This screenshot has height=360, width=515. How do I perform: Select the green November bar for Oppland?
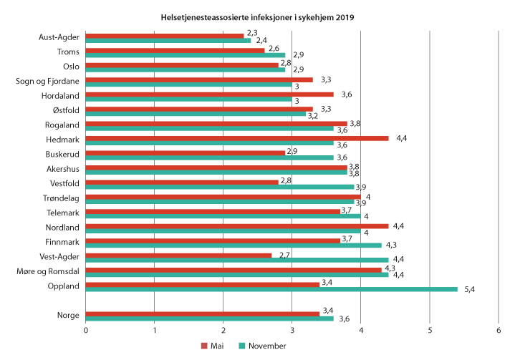coord(271,289)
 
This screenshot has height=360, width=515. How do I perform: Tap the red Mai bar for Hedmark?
coord(237,138)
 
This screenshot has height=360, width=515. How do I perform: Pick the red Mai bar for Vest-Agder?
coord(178,255)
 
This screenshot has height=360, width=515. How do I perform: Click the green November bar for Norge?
coord(210,318)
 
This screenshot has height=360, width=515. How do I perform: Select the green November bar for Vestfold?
coord(220,187)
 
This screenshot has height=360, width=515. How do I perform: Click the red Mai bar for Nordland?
coord(237,225)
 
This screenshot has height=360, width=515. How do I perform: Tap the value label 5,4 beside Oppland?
coord(471,290)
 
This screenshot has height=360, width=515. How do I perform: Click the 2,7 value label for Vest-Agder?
coord(281,255)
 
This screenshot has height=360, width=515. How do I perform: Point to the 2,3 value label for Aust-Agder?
coord(252,33)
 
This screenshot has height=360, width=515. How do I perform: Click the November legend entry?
coord(263,346)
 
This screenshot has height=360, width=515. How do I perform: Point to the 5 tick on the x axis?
coord(430,330)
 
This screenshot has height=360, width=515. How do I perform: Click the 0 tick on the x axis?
coord(86,330)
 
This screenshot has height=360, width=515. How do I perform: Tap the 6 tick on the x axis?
coord(499,330)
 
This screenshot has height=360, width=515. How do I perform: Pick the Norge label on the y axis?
coord(69,316)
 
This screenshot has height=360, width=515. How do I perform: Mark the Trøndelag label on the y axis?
coord(63,198)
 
